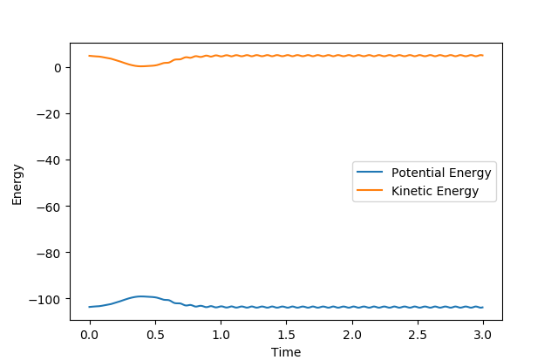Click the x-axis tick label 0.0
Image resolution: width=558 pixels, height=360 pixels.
[90, 335]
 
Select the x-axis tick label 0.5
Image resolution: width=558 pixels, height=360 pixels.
[155, 335]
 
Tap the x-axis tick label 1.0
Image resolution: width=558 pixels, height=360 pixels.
[221, 335]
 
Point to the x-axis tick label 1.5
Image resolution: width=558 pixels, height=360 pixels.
[287, 335]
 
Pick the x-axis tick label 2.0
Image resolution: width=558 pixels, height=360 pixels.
[352, 335]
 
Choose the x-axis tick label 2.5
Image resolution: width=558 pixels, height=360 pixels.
[418, 335]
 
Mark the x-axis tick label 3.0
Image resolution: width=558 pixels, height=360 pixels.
[483, 335]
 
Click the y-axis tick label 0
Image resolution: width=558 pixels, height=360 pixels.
[58, 68]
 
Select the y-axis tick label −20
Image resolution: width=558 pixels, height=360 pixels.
[49, 114]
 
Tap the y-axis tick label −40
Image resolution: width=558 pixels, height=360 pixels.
[49, 160]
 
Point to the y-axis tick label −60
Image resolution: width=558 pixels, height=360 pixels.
[49, 207]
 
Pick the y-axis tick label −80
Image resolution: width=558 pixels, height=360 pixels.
[49, 253]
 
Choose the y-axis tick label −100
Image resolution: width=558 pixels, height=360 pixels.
[45, 299]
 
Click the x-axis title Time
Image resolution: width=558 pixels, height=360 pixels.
[286, 352]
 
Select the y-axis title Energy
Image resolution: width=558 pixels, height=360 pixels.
[17, 185]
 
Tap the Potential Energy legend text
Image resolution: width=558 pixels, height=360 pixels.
[441, 173]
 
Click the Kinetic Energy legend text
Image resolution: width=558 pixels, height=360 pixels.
[435, 192]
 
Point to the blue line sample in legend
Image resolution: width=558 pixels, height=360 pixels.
[370, 173]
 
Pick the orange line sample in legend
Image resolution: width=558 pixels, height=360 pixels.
[370, 190]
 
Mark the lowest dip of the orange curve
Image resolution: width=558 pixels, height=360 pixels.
[141, 66]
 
